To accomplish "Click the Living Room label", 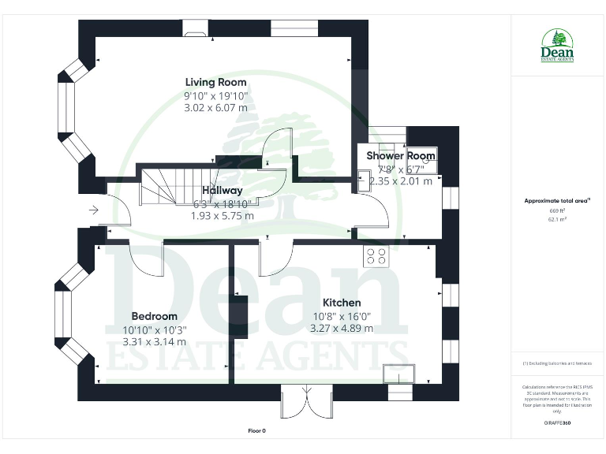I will coord(215,82).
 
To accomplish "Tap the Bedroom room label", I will coord(154,316).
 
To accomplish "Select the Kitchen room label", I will coord(342,303).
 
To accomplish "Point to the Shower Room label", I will coord(400,156).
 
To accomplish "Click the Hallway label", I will coord(222,191).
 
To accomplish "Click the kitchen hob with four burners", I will coord(375,255).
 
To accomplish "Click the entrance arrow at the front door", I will coord(94,210).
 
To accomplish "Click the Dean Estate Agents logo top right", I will coord(557,47).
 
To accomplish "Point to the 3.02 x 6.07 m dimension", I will coord(215,107).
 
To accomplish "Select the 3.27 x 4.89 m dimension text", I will coord(342,328).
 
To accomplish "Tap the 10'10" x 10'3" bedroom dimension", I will coord(154,329).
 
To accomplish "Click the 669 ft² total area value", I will coord(557,211).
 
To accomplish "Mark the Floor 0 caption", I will coord(257,431).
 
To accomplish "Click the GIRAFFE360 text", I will coord(557,423).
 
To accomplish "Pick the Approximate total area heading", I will coord(557,201).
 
